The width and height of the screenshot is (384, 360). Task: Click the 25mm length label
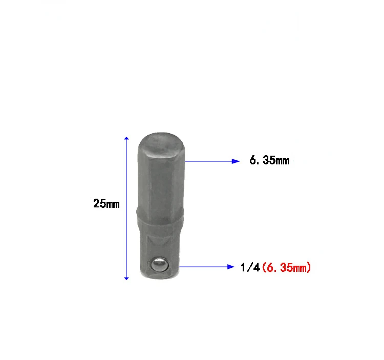[x=106, y=204]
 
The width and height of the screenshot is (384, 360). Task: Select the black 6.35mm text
[x=269, y=161]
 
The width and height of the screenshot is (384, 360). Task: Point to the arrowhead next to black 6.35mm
[x=236, y=161]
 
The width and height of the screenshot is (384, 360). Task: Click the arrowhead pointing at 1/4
[x=231, y=267]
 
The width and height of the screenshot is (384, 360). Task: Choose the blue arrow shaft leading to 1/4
[x=205, y=267]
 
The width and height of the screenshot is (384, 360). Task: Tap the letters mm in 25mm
[x=113, y=204]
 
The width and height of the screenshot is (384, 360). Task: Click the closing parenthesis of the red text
[x=309, y=267]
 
